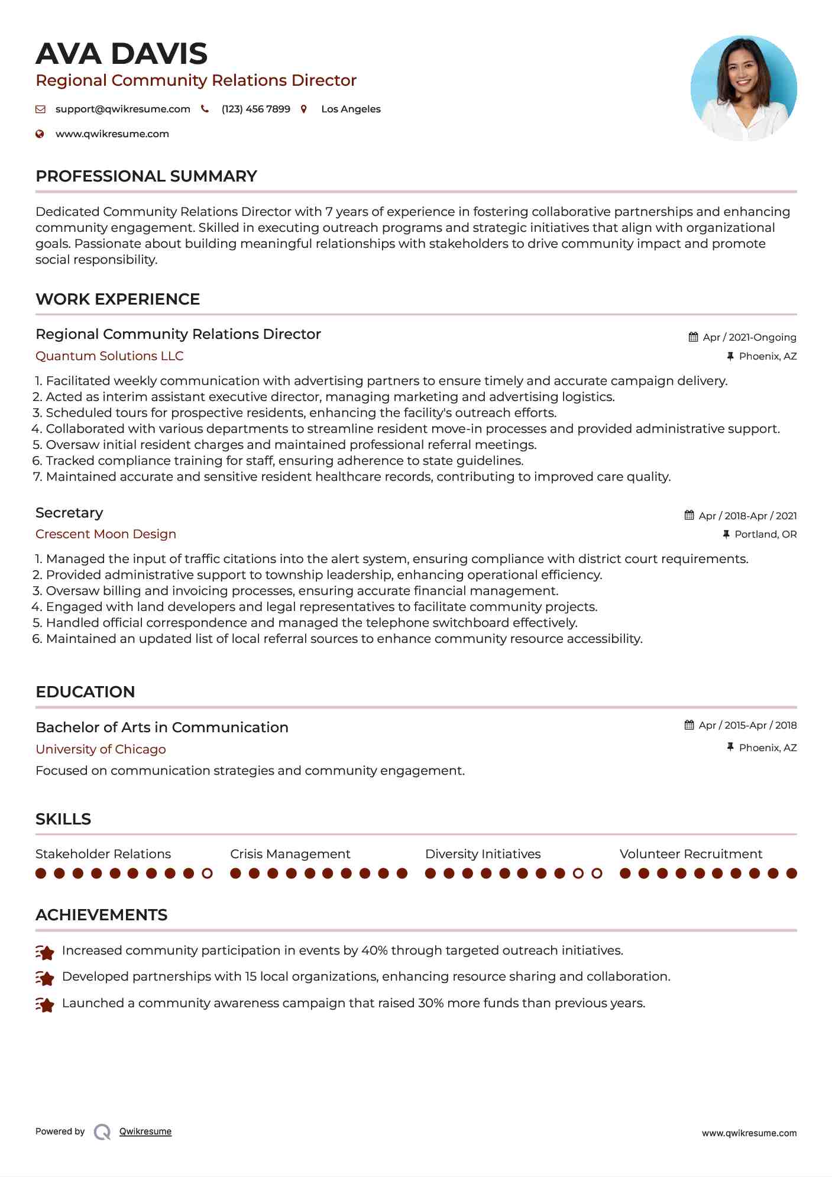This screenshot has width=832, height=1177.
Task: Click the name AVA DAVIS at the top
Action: click(121, 54)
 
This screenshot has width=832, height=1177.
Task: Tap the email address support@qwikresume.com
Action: click(122, 109)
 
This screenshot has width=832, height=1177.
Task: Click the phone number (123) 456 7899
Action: click(255, 109)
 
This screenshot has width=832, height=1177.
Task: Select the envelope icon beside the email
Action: click(40, 109)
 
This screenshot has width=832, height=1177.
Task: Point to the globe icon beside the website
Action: click(40, 134)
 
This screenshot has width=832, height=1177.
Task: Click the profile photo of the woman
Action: click(743, 89)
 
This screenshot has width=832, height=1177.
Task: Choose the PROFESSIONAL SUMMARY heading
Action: click(146, 176)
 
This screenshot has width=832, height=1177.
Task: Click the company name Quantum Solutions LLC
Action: click(109, 356)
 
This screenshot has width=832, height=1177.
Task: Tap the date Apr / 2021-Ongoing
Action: click(749, 337)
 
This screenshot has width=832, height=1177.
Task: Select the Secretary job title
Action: click(69, 513)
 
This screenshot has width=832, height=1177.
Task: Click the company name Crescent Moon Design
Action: click(106, 534)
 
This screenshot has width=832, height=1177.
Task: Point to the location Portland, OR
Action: click(765, 534)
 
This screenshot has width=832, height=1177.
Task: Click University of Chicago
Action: click(101, 749)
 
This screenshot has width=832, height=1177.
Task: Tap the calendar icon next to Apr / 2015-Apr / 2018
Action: click(689, 725)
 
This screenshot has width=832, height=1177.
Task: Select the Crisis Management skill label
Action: click(290, 854)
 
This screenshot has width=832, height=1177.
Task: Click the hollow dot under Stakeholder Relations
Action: click(207, 873)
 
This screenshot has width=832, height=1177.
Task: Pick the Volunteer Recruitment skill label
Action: click(691, 854)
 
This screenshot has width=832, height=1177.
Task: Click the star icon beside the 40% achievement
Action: click(45, 952)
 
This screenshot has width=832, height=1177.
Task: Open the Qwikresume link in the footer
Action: click(145, 1131)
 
